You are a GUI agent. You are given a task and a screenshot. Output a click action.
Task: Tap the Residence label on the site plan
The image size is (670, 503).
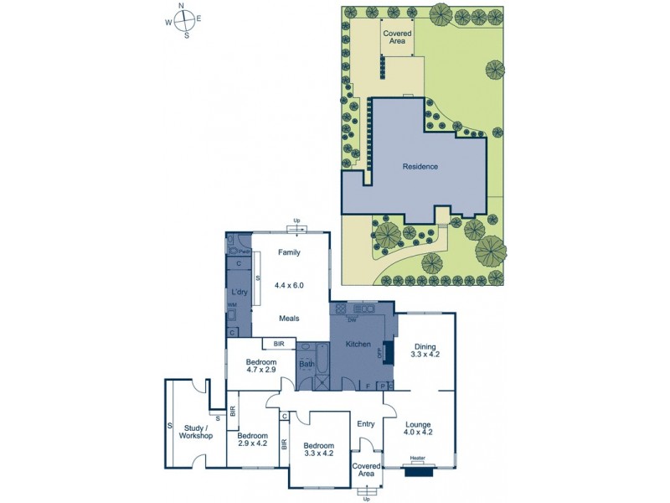click(420, 166)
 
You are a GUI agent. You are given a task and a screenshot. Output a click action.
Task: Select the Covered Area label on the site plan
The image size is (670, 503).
click(397, 37)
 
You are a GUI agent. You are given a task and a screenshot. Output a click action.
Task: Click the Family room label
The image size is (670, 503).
click(289, 251)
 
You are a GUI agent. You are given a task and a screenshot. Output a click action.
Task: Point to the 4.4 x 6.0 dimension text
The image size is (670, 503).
click(289, 285)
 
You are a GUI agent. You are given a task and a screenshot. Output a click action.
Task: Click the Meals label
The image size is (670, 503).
click(289, 318)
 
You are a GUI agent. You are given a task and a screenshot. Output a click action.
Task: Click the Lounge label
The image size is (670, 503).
click(419, 423)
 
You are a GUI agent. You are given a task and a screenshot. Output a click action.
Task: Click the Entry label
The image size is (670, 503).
click(366, 424)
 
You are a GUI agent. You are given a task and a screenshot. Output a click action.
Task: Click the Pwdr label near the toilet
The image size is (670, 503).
click(245, 251)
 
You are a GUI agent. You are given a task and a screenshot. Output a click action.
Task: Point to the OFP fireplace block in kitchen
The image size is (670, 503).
click(387, 351)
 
